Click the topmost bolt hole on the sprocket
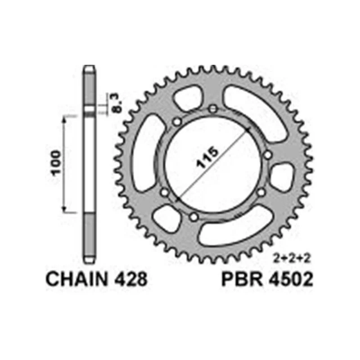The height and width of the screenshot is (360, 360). click(x=213, y=109)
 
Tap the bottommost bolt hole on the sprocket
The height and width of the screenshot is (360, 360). click(x=194, y=218)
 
